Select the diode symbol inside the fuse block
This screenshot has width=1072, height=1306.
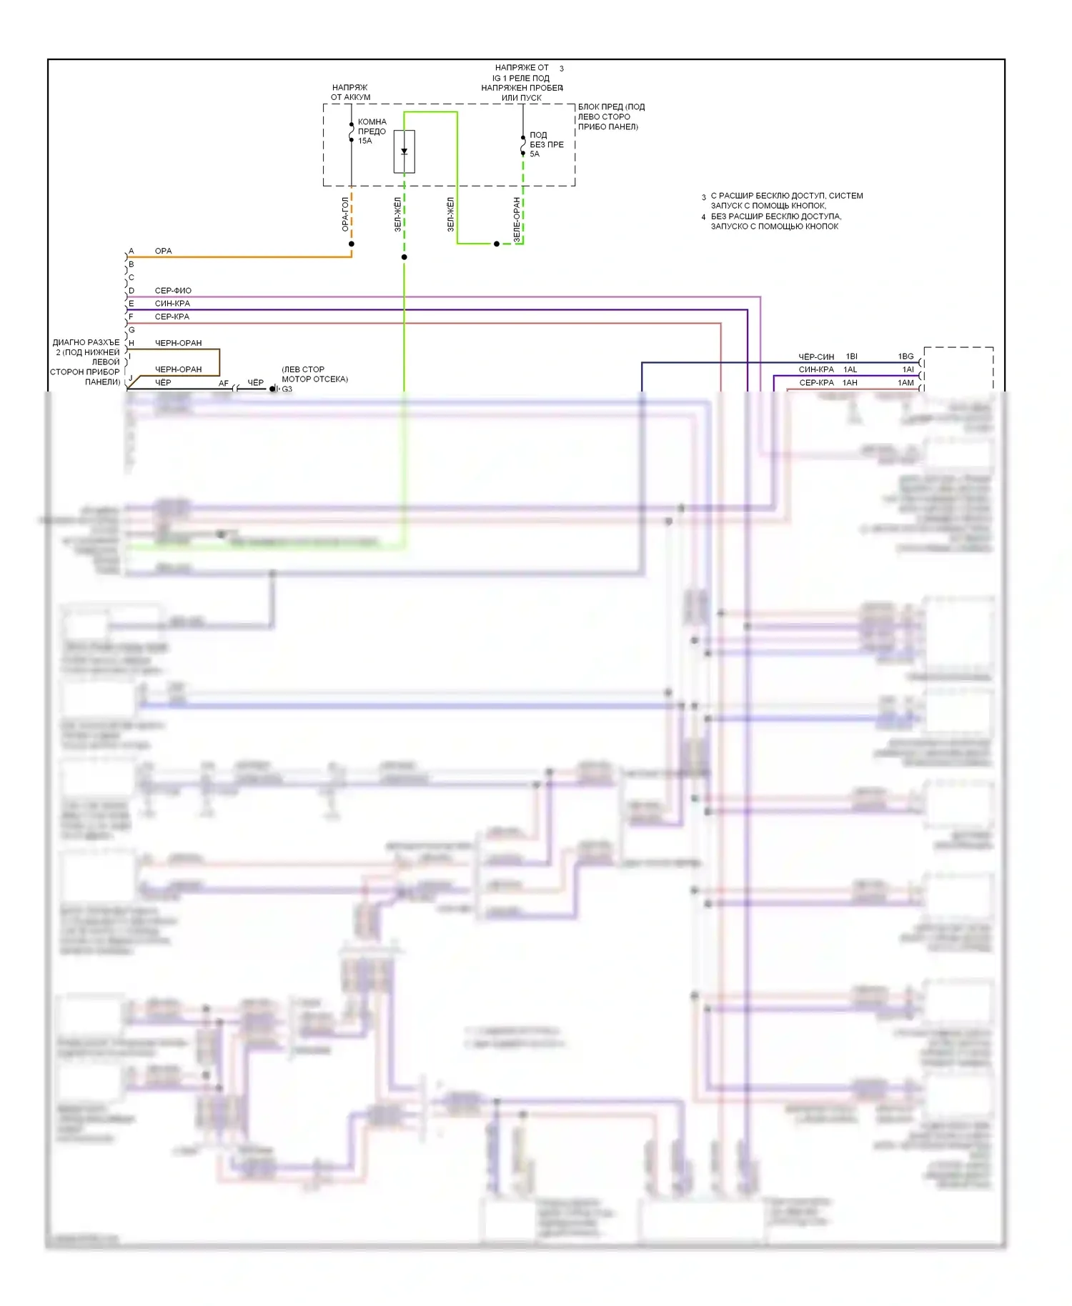pos(405,151)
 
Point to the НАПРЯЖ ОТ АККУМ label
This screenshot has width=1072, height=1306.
pos(350,92)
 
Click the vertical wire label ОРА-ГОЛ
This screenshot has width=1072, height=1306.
pos(345,214)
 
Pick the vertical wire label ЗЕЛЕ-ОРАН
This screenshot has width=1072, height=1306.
pos(517,219)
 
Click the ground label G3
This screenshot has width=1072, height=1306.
pos(287,389)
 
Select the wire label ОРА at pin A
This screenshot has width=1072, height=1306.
pos(163,251)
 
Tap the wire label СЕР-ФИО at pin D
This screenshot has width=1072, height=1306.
pos(173,291)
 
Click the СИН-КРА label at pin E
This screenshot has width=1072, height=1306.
pos(172,304)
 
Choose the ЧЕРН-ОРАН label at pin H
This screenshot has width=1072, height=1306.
pos(178,343)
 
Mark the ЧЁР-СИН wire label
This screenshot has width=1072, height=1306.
pos(816,357)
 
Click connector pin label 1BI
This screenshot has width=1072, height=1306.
pos(851,357)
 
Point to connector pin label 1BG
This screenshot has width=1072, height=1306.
pos(905,357)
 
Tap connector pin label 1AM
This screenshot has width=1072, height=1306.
pos(905,383)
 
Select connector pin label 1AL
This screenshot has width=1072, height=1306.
pos(850,369)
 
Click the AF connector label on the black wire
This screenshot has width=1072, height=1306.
pos(224,384)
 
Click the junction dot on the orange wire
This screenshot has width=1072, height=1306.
pos(351,244)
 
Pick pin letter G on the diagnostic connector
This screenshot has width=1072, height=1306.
pos(131,330)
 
